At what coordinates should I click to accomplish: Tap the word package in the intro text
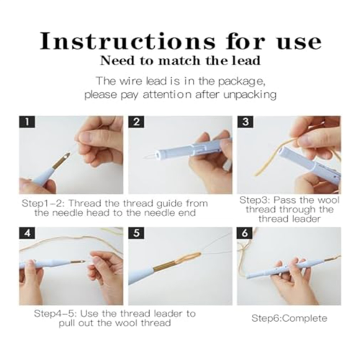click(x=241, y=82)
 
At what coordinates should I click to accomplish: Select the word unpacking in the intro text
click(x=250, y=95)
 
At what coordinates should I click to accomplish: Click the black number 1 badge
click(x=27, y=122)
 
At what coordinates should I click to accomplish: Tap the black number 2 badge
click(x=136, y=122)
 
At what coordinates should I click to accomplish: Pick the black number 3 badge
click(x=245, y=122)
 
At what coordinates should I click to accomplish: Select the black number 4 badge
click(x=27, y=233)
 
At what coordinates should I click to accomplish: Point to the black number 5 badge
click(x=136, y=233)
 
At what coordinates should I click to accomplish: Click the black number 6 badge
click(x=245, y=233)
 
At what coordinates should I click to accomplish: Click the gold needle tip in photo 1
click(x=70, y=153)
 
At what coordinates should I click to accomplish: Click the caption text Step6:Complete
click(x=289, y=318)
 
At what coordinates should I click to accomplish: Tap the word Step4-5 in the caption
click(x=55, y=313)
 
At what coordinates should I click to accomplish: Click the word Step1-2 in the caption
click(x=42, y=204)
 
